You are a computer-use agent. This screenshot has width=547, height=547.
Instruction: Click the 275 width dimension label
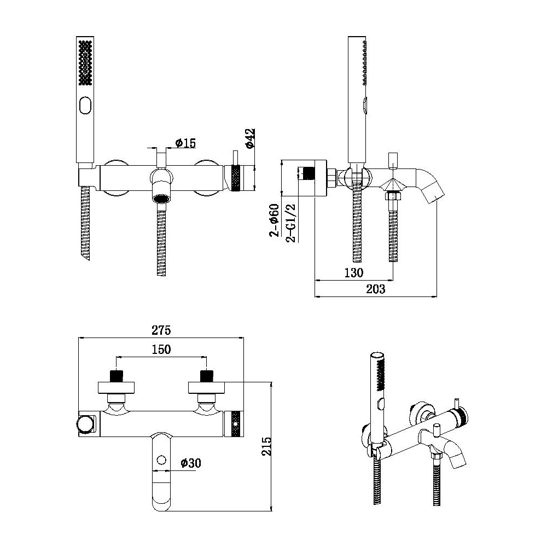pos(161,330)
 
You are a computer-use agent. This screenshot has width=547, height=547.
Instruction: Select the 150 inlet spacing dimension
pos(161,349)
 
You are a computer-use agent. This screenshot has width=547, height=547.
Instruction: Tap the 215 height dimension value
pos(267,446)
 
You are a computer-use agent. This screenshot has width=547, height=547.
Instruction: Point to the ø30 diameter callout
pos(191,463)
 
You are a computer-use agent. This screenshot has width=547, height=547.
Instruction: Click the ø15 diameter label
pos(185,143)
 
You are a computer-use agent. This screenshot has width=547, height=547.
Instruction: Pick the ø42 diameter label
pos(251,138)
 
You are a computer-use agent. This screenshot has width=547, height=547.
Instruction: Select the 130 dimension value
pos(354,272)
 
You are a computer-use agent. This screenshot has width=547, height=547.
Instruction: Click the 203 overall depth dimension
pos(376,289)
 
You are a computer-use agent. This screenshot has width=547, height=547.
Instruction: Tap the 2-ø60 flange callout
pos(274,220)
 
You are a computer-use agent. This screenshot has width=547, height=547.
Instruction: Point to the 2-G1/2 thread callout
pos(291,223)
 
